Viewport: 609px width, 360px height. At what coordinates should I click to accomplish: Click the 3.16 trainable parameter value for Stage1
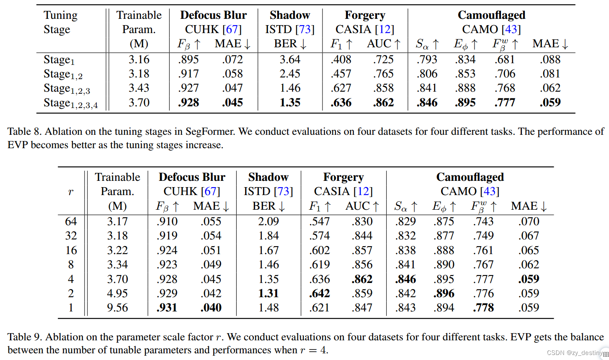[139, 59]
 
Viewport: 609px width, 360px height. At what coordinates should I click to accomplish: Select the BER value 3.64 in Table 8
[290, 59]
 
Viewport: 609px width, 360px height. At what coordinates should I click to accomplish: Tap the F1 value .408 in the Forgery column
[341, 59]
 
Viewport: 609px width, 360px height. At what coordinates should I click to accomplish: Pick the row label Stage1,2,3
[67, 89]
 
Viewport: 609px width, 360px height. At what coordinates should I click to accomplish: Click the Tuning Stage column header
[60, 22]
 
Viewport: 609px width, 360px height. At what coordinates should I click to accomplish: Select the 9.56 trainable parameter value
[117, 308]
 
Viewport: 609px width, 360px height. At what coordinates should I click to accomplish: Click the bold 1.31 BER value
[268, 293]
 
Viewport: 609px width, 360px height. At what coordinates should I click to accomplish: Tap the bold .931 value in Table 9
[167, 308]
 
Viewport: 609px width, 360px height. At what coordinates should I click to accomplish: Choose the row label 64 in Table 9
[71, 221]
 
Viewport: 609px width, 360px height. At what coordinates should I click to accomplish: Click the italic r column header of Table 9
[70, 192]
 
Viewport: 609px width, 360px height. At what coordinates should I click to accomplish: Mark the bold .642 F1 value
[319, 293]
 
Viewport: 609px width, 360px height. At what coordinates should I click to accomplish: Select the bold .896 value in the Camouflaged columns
[444, 293]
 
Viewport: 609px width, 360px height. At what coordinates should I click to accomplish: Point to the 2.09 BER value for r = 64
[268, 221]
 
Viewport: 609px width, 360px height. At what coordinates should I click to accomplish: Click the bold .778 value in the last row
[483, 308]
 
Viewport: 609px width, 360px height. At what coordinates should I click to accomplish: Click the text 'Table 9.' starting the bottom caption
[25, 337]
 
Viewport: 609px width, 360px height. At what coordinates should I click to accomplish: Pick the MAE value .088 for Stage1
[550, 59]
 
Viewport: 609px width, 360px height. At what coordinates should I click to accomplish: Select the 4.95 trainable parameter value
[117, 293]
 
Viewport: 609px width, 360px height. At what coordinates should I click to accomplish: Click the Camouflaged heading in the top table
[491, 15]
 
